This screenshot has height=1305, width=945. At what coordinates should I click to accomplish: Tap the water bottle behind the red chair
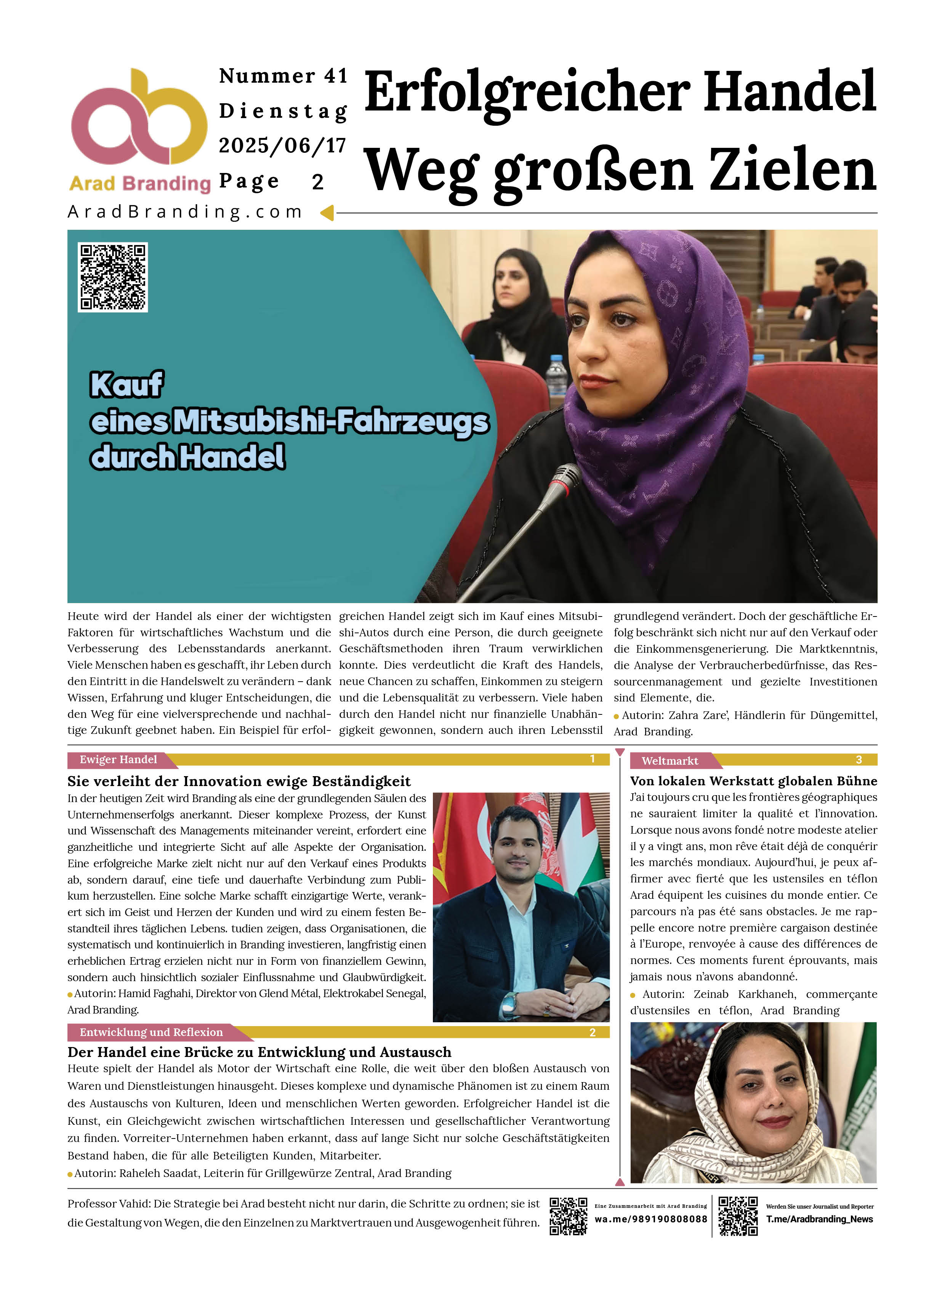point(556,376)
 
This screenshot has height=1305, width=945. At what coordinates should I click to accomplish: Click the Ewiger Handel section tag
point(118,759)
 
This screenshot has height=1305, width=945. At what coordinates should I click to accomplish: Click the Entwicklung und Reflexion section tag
point(151,1032)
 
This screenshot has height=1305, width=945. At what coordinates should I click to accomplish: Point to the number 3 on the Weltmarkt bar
point(859,760)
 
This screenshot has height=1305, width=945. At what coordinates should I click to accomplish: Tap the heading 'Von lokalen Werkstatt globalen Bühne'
point(753,781)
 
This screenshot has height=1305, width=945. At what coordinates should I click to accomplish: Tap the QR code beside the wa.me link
point(568,1216)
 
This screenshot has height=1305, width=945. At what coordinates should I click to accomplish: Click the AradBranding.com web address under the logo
point(185,212)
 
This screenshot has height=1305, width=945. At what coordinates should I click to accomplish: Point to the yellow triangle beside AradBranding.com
point(327,213)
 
